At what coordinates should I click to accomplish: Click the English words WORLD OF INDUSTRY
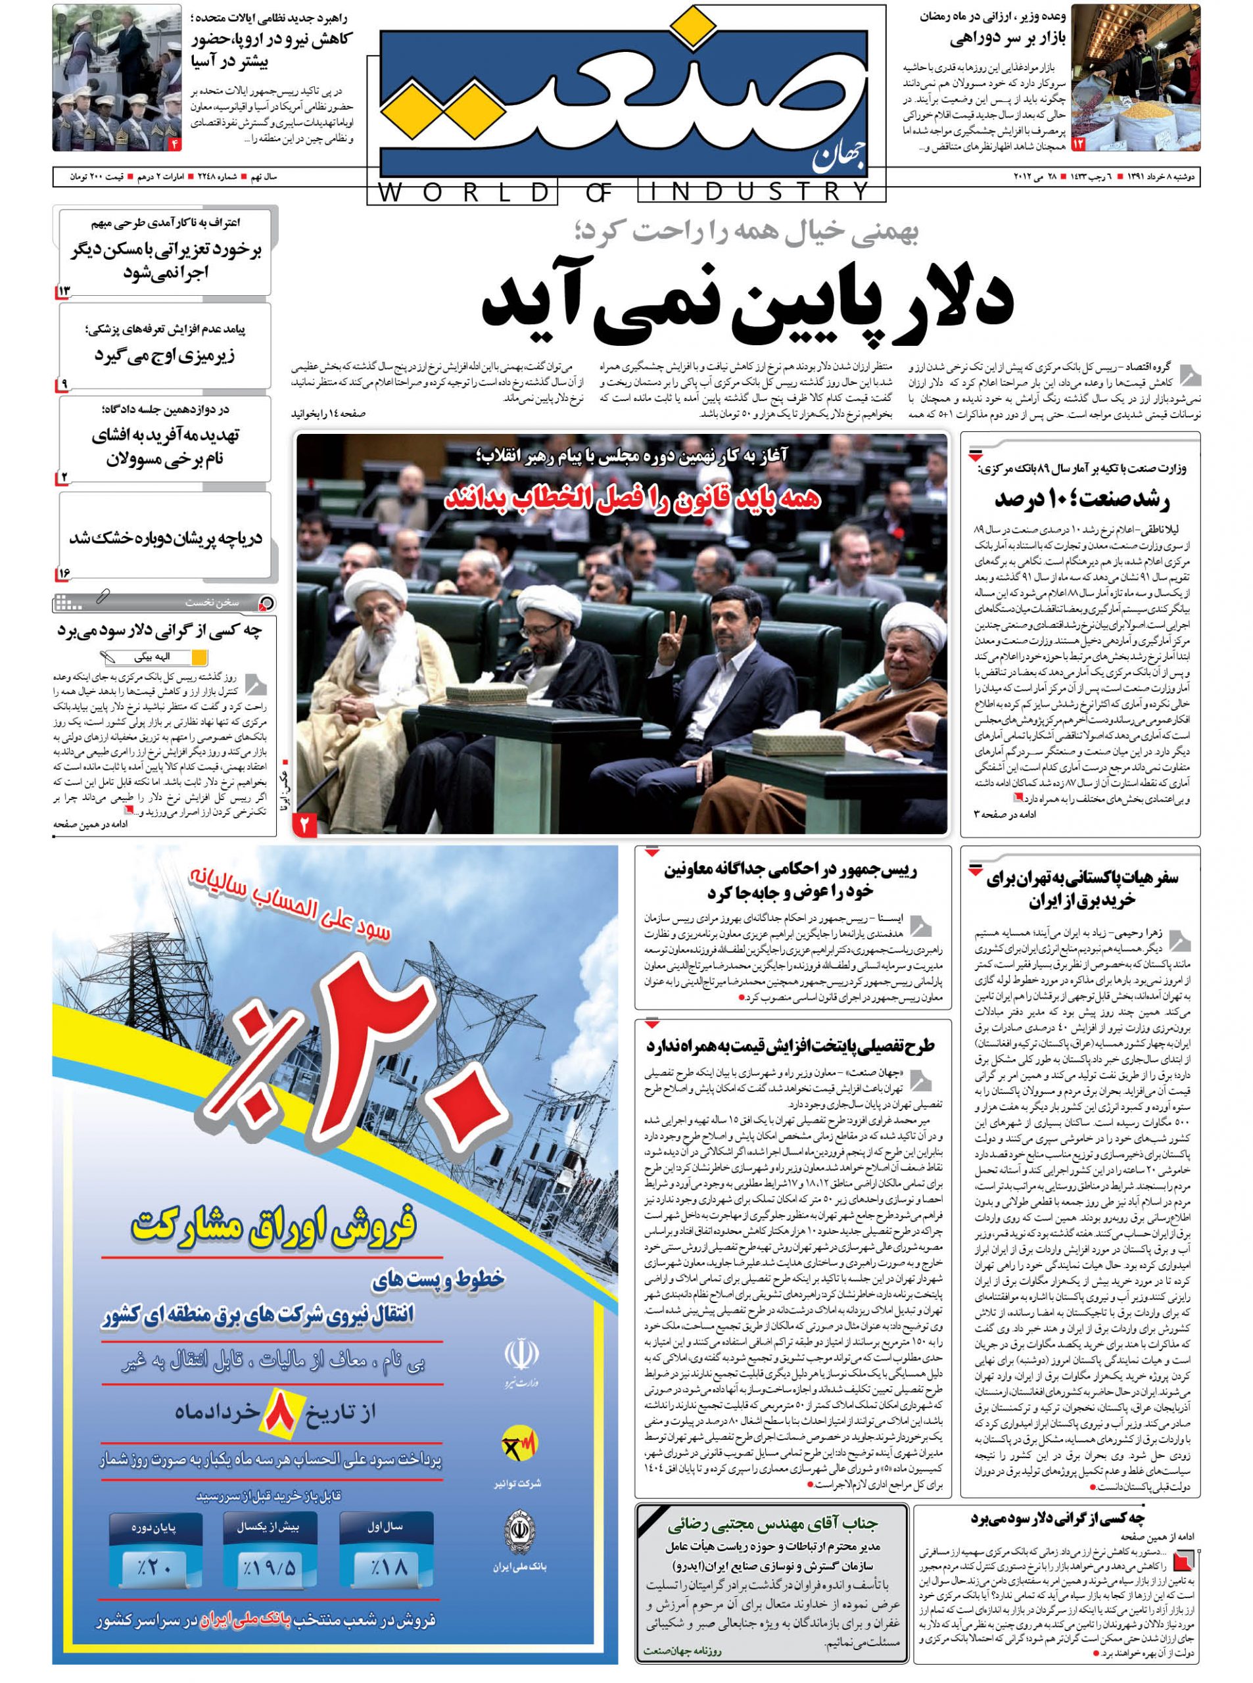coord(626,193)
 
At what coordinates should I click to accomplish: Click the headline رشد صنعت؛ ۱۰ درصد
coord(1081,500)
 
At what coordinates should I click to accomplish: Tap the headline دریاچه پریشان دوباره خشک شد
coord(166,538)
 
